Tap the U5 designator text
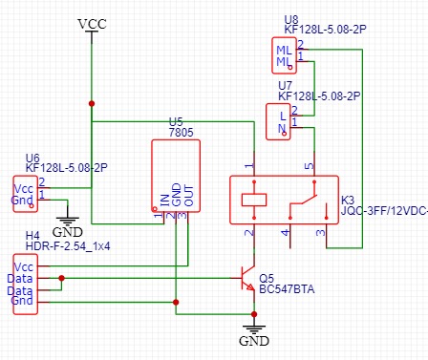pos(175,122)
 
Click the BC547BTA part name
pos(286,289)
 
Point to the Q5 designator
pos(266,278)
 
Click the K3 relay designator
pos(348,201)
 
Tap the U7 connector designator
pos(285,85)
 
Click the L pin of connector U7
pos(281,116)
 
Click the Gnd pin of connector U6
pos(21,200)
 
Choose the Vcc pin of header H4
pos(24,263)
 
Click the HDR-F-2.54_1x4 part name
pos(67,245)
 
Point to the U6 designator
pos(32,158)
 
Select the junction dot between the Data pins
pos(62,279)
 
